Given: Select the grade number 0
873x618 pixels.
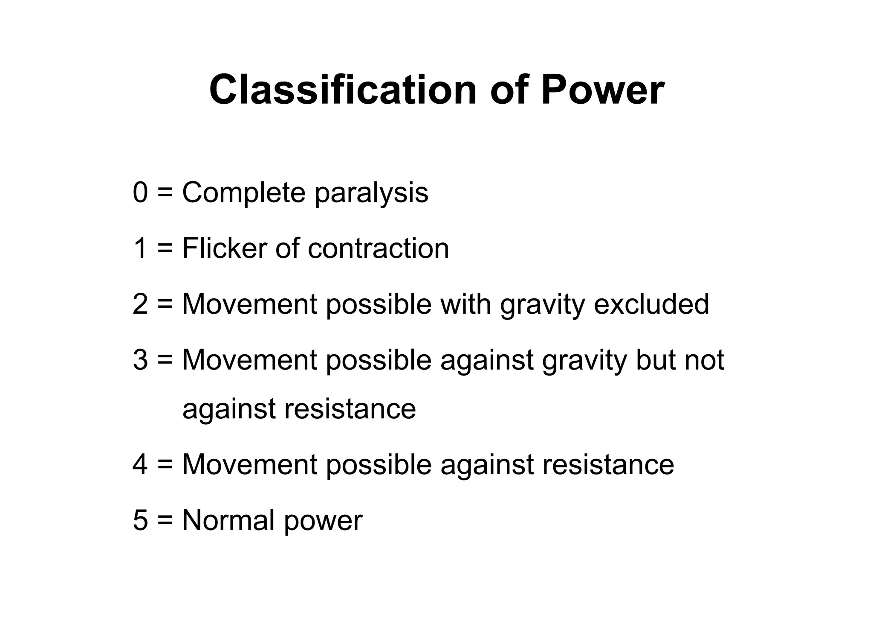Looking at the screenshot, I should point(140,192).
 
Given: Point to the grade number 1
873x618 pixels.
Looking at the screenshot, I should point(140,248).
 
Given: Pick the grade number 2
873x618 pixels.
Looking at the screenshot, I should point(140,304).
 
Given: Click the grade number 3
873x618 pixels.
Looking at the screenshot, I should point(140,360).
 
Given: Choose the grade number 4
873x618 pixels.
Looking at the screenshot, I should point(140,464).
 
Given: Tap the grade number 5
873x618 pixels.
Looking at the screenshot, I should point(140,520).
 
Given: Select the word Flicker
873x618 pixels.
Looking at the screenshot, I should point(225,248).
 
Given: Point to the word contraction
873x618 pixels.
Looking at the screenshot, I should point(378,249).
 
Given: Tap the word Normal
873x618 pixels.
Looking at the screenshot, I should point(228,520).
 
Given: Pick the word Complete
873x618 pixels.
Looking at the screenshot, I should point(244,193).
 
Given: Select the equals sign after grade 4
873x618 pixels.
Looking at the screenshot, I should point(165,465).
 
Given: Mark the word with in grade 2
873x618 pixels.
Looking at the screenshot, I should point(465,304).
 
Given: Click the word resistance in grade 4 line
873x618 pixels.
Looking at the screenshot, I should point(608,464).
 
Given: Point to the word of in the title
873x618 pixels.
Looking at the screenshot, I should point(509,90).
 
